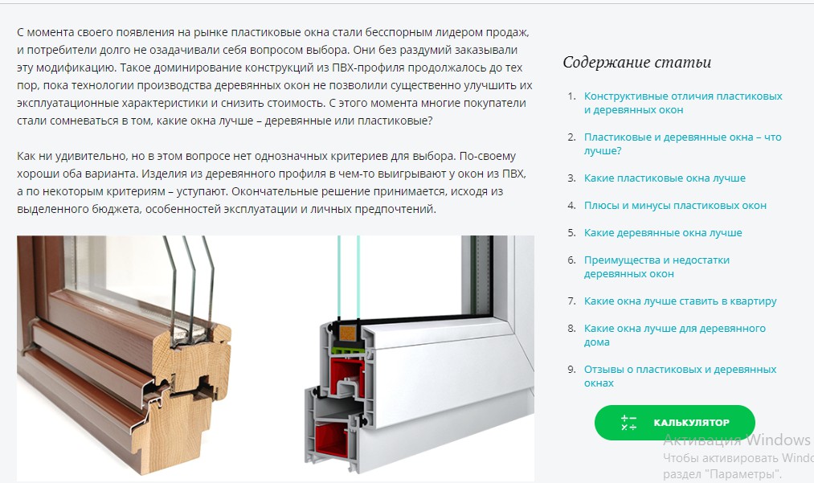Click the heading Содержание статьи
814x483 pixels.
coord(636,63)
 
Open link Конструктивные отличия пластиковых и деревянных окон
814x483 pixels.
coord(683,103)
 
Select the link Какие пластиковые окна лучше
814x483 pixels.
coord(665,178)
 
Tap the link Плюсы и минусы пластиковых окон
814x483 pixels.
coord(675,206)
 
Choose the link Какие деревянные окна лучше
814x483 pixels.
coord(663,233)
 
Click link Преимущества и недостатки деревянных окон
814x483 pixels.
coord(657,267)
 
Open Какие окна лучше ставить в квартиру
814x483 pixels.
coord(680,301)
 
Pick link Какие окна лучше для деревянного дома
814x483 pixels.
coord(674,335)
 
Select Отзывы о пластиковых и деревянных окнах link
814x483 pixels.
coord(680,376)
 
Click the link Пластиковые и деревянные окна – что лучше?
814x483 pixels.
coord(682,144)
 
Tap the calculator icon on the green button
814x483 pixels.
coord(628,423)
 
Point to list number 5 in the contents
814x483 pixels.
coord(571,233)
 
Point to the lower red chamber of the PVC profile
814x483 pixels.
coord(331,440)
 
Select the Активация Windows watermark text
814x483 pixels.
coord(738,440)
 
